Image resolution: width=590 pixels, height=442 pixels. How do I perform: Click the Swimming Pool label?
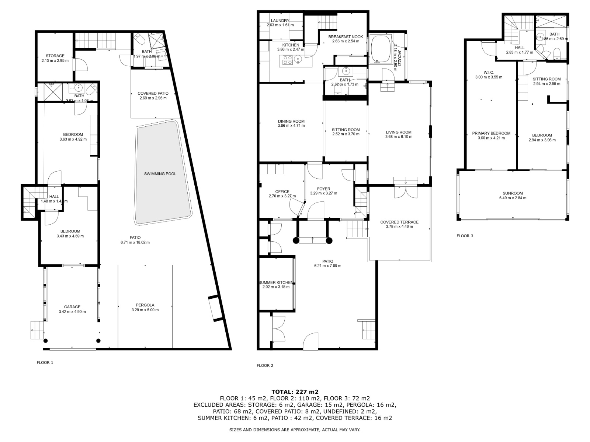coord(160,174)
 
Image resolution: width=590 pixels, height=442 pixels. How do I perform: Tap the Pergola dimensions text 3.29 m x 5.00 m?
coord(145,310)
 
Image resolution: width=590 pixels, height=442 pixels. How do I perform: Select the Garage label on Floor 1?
coord(72,307)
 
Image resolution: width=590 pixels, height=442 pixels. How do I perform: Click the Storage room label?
coord(55,56)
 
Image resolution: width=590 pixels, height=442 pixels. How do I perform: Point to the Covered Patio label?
coord(153,94)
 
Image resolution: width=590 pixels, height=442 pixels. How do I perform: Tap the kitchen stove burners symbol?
coord(287,60)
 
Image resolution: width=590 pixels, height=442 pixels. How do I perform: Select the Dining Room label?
coord(291,121)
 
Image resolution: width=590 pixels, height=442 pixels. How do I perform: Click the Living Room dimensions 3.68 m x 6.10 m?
coord(399,137)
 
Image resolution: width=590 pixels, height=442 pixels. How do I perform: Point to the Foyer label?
coord(323,189)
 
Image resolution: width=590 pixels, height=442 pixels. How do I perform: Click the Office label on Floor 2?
coord(282,192)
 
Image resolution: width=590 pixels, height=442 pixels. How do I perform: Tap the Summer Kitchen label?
coord(276,283)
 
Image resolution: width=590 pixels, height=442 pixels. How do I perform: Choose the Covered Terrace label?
coord(399,222)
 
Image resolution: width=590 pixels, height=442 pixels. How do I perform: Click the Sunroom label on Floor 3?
coord(513,193)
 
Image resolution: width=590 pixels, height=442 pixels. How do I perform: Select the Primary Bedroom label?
coord(491,133)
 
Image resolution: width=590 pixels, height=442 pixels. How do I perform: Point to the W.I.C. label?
coord(489,73)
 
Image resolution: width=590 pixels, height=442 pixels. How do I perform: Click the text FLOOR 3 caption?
coord(465,236)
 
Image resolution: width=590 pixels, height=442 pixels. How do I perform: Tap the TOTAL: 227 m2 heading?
coord(295,392)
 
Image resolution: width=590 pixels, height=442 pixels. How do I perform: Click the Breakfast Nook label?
coord(346,37)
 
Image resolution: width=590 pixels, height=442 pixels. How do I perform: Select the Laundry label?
coord(280,21)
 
